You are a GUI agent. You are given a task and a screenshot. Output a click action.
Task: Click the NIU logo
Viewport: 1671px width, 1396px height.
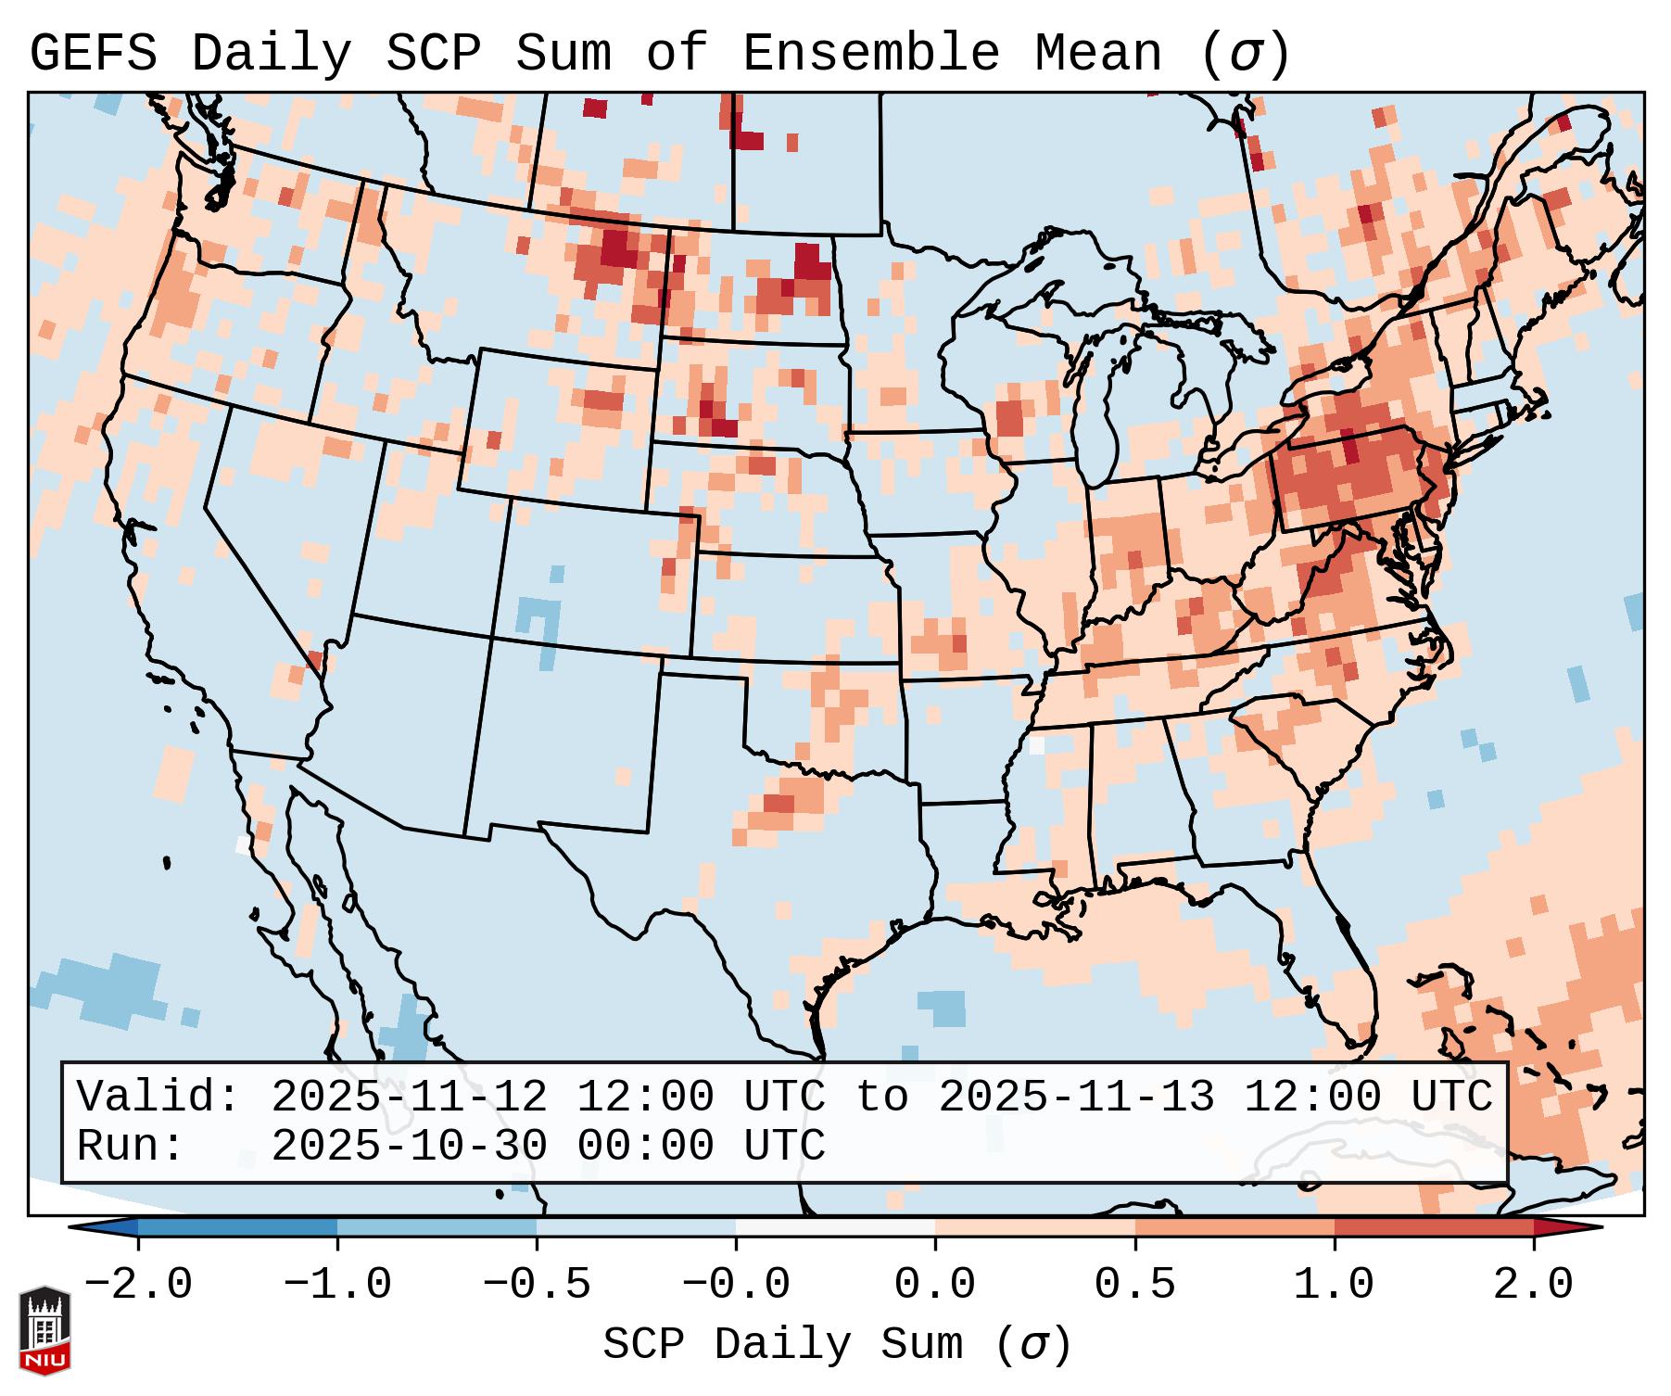point(44,1330)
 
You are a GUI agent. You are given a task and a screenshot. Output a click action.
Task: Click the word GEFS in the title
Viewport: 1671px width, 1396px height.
point(93,54)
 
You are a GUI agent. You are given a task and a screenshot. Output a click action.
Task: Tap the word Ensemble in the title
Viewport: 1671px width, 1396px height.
point(870,54)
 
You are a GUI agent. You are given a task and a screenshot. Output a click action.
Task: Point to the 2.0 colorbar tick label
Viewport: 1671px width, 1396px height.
point(1533,1285)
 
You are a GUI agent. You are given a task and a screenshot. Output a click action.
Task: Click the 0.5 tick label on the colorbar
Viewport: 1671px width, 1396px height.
point(1134,1285)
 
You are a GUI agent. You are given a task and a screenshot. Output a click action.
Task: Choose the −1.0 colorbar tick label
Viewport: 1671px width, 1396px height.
point(336,1285)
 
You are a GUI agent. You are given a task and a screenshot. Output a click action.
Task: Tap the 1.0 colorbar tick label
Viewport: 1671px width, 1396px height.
point(1334,1285)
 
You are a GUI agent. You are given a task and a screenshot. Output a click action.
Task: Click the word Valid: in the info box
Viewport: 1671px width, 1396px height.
point(158,1097)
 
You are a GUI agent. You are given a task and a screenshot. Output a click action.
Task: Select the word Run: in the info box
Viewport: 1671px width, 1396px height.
point(131,1146)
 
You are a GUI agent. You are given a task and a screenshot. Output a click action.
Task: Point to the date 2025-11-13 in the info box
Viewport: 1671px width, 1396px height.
point(1076,1097)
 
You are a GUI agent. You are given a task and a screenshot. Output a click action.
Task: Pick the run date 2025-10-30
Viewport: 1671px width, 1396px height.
point(409,1146)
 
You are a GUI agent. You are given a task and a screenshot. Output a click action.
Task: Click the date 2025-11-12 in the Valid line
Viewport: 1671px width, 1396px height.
point(409,1097)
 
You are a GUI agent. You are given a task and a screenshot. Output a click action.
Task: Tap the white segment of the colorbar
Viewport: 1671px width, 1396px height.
point(835,1228)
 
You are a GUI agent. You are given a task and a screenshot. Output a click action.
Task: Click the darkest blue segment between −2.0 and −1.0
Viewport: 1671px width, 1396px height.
point(237,1228)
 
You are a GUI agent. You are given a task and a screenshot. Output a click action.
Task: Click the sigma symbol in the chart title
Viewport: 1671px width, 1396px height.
point(1245,54)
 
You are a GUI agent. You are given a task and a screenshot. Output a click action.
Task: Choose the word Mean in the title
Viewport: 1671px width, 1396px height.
point(1097,54)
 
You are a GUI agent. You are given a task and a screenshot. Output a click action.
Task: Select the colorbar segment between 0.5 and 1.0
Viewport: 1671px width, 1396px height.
point(1234,1228)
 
